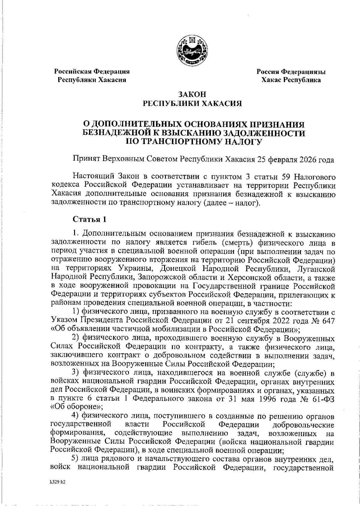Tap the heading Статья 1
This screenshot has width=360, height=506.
click(89, 219)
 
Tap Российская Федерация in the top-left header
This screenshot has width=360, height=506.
click(91, 72)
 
